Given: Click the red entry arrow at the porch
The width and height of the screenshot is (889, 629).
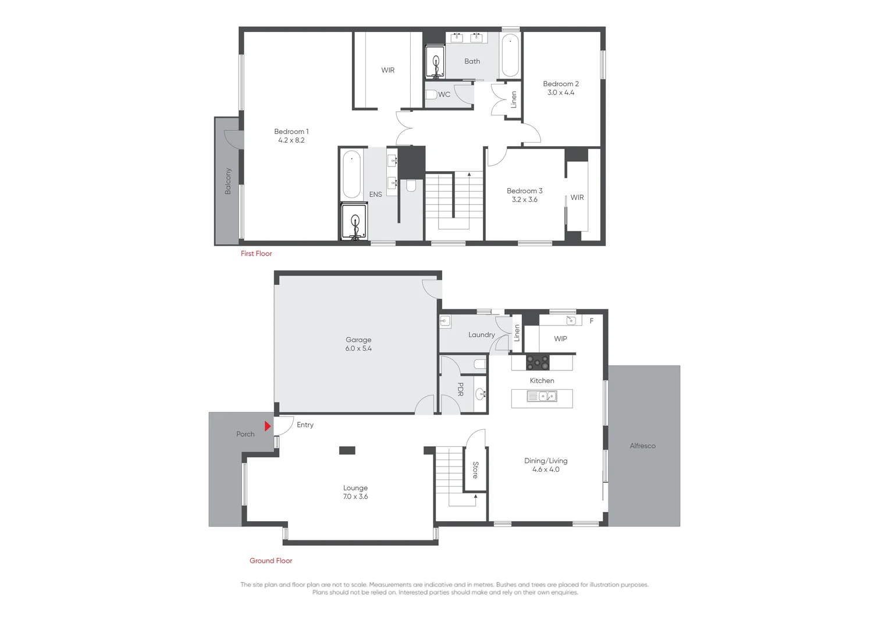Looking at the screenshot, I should pos(268,426).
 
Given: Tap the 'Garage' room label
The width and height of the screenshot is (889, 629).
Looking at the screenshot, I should pos(358,340).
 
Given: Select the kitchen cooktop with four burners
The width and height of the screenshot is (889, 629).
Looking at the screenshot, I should pos(538,362).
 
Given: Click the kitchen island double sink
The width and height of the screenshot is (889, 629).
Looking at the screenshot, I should pos(542,397).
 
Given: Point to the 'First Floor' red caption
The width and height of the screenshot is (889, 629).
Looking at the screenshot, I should pos(256,253).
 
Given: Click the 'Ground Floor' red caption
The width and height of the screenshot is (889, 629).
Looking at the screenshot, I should pos(271,560).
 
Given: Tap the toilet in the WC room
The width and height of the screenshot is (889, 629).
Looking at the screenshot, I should pos(431,94).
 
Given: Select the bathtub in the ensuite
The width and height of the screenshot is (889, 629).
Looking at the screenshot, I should pos(351,175).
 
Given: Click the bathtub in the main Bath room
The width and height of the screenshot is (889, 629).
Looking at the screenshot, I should pos(510,56).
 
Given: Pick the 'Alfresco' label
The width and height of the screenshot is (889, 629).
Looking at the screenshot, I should pos(642,446).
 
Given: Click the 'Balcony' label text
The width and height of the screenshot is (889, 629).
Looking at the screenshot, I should pos(227,181).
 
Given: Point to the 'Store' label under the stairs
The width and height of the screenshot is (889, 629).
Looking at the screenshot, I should pos(475,470).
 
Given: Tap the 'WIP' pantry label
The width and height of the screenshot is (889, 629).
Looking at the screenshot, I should pos(560,338).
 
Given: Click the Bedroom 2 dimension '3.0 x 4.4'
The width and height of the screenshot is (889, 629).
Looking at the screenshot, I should pos(560,93).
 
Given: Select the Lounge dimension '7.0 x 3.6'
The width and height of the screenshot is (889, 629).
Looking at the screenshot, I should pos(355,497).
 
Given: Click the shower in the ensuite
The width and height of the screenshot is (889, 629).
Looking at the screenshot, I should pos(354,221).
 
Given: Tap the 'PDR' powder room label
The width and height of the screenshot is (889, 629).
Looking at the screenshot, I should pos(460,389).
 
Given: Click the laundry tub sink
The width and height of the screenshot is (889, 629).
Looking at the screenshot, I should pos(445,320).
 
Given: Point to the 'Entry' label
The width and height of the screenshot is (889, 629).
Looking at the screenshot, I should pos(305,425).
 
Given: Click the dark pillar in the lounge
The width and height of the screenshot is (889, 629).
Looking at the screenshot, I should pos(347,450).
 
